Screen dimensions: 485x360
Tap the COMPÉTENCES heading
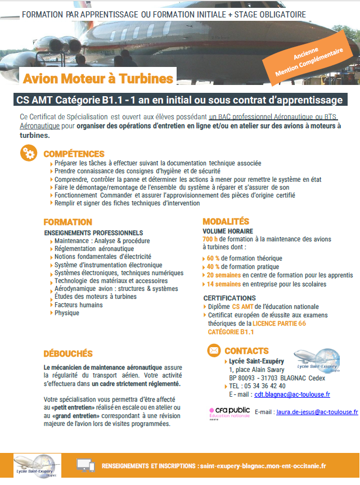click(x=74, y=154)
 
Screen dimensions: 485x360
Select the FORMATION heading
click(x=67, y=222)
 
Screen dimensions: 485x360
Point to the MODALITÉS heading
click(x=226, y=222)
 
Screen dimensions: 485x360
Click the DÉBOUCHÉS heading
click(x=68, y=353)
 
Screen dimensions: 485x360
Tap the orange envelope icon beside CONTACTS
click(x=214, y=351)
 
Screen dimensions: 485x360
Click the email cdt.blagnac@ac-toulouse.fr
click(x=292, y=395)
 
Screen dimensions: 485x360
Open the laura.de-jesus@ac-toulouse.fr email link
click(x=317, y=412)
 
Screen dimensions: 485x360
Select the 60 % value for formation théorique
click(x=213, y=258)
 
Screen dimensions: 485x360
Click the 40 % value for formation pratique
click(x=213, y=267)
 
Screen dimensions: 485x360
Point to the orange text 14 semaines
click(x=224, y=284)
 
